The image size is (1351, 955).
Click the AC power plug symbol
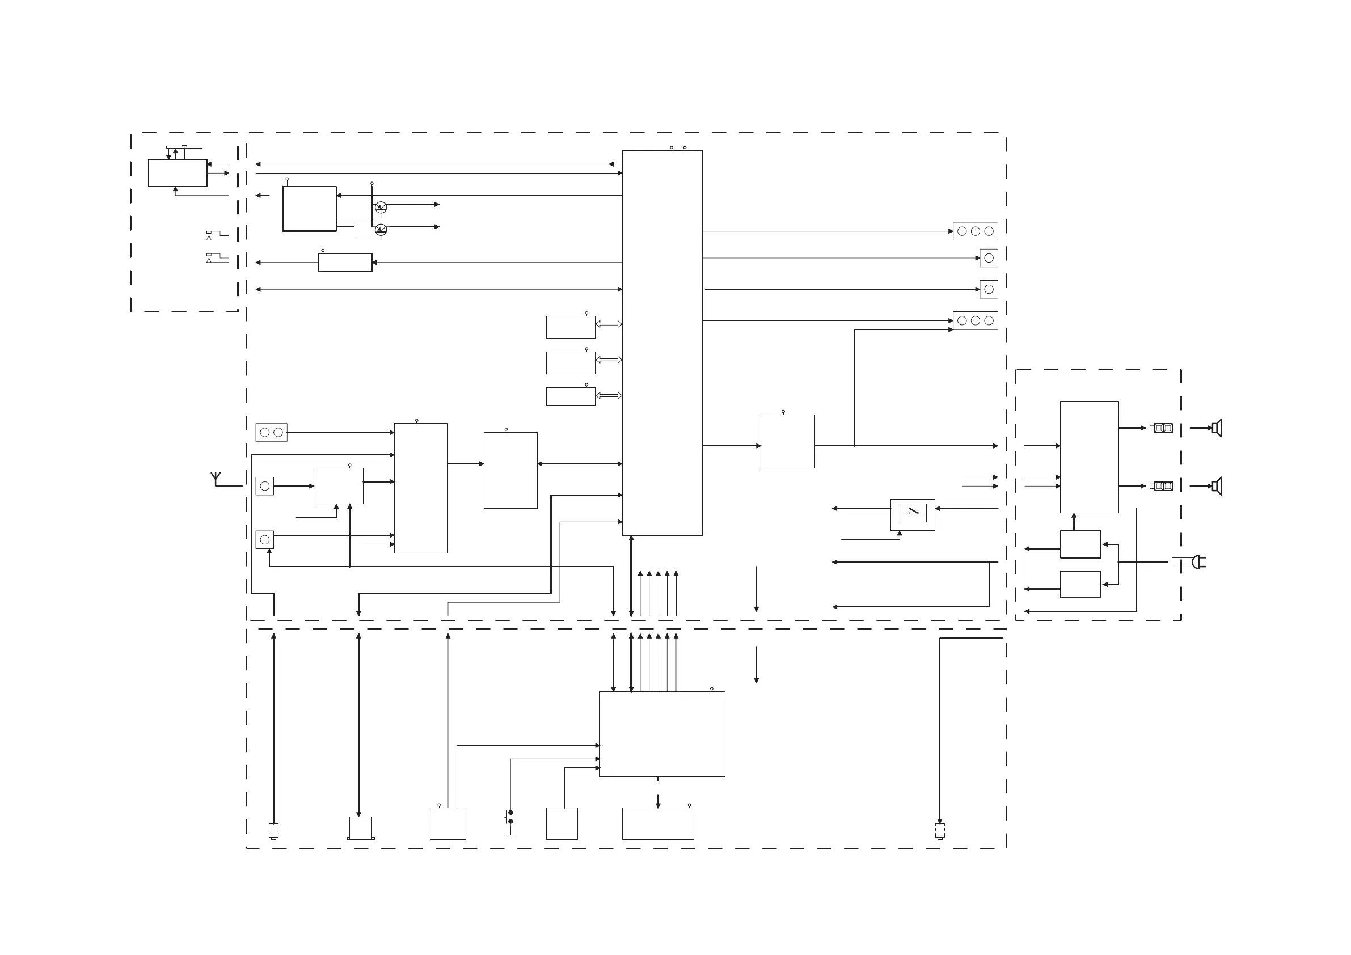coord(1198,563)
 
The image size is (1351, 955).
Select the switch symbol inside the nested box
coord(913,513)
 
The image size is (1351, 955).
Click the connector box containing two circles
coord(271,433)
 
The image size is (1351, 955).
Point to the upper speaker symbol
coord(1217,428)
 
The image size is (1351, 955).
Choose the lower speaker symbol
coord(1217,486)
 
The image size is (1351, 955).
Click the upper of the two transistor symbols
coord(381,207)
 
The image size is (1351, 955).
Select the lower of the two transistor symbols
coord(381,230)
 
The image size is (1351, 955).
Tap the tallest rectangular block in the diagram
coord(662,343)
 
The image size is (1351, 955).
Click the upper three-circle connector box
coord(975,231)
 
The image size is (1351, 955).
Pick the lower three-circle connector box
coord(975,320)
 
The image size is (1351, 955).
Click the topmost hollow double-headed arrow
coord(609,324)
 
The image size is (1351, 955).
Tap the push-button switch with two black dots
coord(509,817)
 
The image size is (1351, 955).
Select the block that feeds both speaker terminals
coord(1088,457)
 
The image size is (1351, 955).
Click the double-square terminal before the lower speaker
coord(1163,486)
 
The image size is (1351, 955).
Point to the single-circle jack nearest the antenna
coord(265,486)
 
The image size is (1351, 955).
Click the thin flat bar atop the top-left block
coord(184,146)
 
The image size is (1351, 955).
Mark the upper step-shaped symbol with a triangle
coord(217,235)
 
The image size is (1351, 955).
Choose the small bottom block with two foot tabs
coord(360,828)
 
